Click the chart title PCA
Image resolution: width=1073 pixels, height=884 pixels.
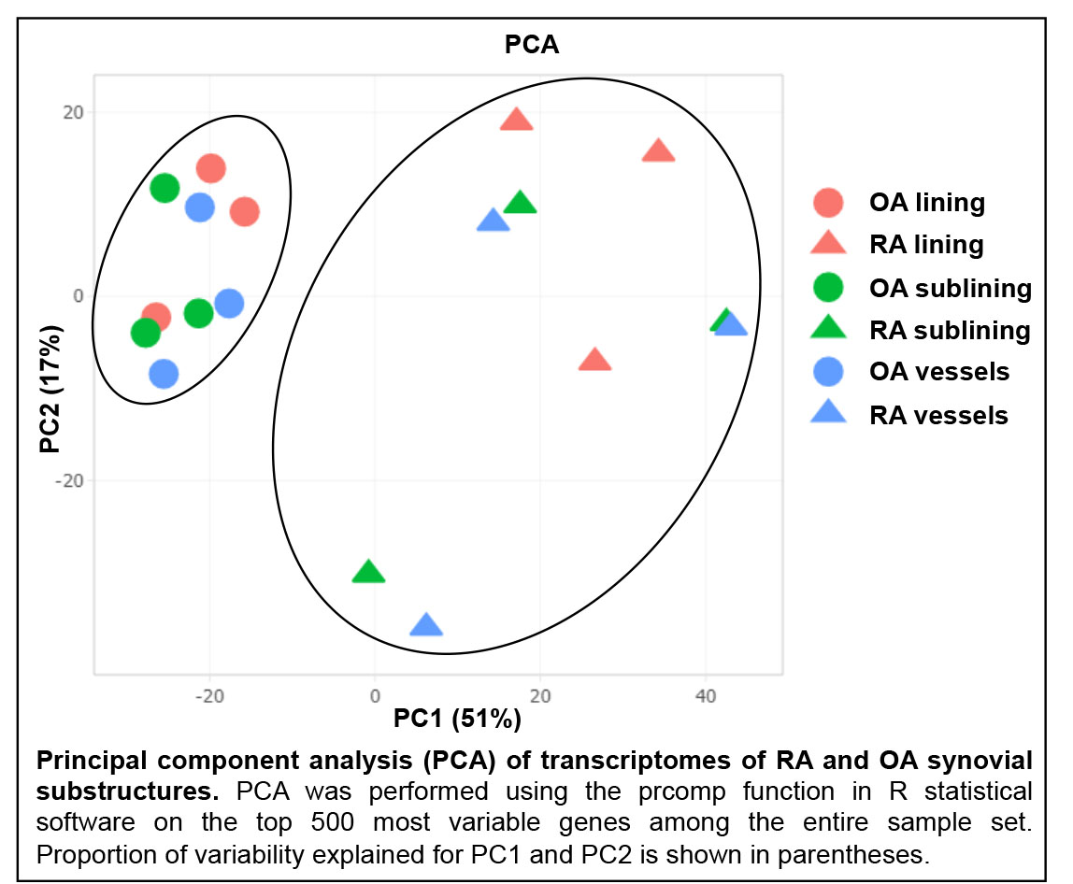pos(532,44)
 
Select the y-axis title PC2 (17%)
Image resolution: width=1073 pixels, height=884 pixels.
pos(51,389)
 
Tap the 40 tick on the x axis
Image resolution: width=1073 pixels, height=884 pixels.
pos(707,695)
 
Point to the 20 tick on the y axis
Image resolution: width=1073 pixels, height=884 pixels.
pos(72,112)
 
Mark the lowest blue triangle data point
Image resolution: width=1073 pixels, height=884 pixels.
pos(426,625)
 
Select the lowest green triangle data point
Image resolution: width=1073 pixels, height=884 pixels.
pos(368,572)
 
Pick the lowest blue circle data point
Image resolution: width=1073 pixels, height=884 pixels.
pos(164,374)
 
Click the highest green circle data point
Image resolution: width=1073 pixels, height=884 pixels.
pos(165,189)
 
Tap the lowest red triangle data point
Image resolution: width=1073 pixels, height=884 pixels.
pos(594,360)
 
